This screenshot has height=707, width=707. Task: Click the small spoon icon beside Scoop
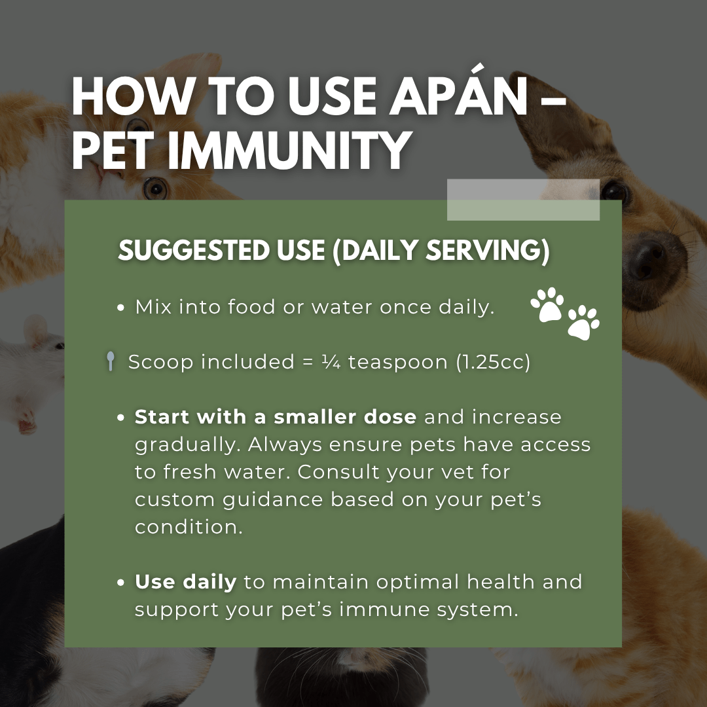(111, 362)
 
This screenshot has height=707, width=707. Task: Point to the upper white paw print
(547, 304)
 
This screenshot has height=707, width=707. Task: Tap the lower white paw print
(583, 323)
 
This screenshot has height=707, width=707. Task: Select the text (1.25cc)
(494, 362)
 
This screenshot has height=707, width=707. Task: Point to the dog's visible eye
(615, 190)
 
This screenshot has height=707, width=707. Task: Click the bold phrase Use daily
(185, 582)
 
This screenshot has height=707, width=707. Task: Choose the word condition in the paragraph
(189, 527)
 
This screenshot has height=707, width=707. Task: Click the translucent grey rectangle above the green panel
(523, 200)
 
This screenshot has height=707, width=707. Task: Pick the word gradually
(187, 444)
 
